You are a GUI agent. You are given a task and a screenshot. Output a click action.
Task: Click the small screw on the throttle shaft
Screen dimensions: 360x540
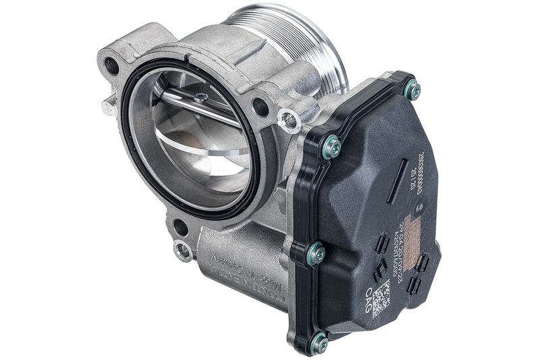(200, 97)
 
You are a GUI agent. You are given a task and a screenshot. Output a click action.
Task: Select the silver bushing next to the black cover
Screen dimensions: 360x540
(289, 120)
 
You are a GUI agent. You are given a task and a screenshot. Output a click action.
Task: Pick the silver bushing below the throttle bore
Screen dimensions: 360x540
(182, 251)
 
